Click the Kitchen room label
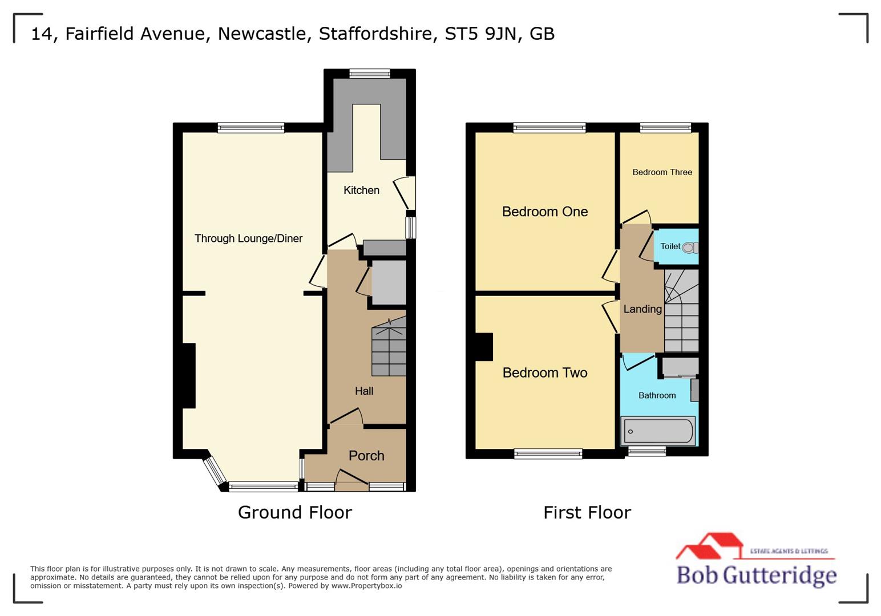tap(361, 190)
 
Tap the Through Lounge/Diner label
tap(248, 238)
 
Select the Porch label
tap(366, 456)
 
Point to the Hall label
tap(364, 391)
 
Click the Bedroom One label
tap(544, 212)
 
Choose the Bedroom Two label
tap(544, 372)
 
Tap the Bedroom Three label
tap(662, 172)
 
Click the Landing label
tap(642, 309)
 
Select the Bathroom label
tap(657, 395)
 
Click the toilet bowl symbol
tap(689, 248)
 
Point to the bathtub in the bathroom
tap(658, 431)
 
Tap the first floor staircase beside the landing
tap(681, 311)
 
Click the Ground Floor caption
tap(294, 512)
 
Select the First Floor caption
tap(587, 512)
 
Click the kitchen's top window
tap(370, 73)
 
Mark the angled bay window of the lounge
tap(215, 471)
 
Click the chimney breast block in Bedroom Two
tap(484, 347)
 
